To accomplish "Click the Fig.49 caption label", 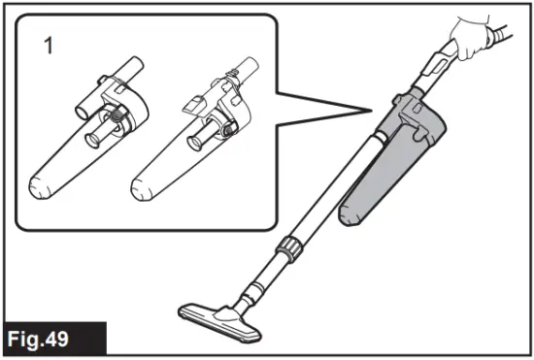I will (x=47, y=339).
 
